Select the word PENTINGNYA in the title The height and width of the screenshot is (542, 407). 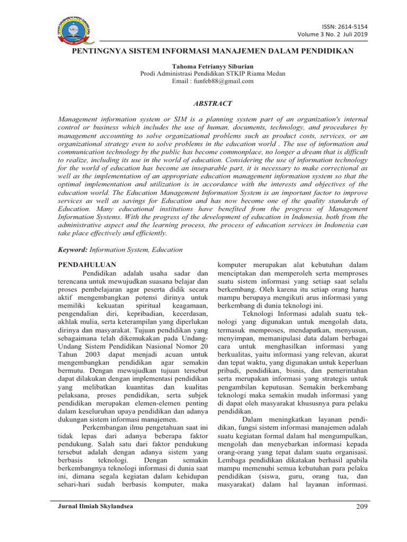(100, 51)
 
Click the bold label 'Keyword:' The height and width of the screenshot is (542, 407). (73, 249)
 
